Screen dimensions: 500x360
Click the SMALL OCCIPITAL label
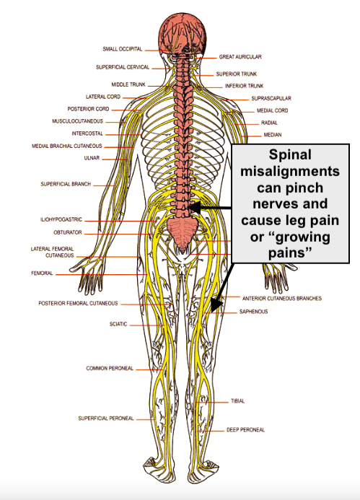pyautogui.click(x=123, y=50)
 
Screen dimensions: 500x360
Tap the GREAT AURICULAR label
pyautogui.click(x=240, y=56)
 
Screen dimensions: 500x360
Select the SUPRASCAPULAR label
pyautogui.click(x=271, y=98)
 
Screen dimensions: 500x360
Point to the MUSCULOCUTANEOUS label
pyautogui.click(x=77, y=121)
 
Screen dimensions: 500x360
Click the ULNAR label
pyautogui.click(x=92, y=158)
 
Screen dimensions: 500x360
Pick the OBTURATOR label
pyautogui.click(x=68, y=232)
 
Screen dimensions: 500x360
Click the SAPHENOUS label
pyautogui.click(x=253, y=312)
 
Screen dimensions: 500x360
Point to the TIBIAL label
pyautogui.click(x=238, y=401)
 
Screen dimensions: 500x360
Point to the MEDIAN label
pyautogui.click(x=272, y=135)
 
